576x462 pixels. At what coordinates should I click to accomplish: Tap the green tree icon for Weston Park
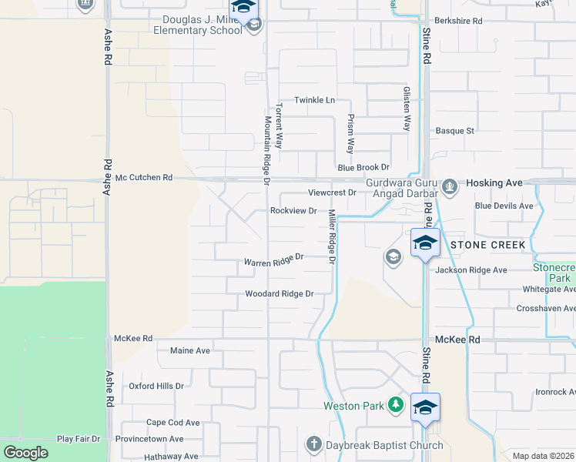coord(395,403)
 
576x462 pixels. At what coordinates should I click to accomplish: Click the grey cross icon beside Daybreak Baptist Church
coord(313,444)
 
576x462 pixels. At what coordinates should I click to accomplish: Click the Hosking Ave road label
coord(494,182)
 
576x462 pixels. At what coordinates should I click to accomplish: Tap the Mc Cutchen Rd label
coord(143,177)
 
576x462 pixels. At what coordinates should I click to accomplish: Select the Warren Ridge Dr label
coord(274,260)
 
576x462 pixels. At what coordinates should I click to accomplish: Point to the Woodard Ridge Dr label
coord(280,293)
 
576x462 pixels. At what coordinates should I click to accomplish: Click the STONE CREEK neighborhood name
coord(488,245)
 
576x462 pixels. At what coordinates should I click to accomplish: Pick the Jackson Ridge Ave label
coord(471,270)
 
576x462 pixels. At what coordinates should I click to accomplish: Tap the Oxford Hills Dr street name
coord(156,386)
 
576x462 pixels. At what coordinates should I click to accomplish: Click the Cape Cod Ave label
coord(172,423)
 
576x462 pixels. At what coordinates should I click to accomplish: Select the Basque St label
coord(454,131)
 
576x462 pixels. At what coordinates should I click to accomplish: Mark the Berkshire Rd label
coord(457,21)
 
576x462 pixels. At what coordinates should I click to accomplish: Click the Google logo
coord(25,453)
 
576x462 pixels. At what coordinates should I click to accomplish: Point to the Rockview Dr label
coord(293,210)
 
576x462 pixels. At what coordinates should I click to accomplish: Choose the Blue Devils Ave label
coord(504,206)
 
